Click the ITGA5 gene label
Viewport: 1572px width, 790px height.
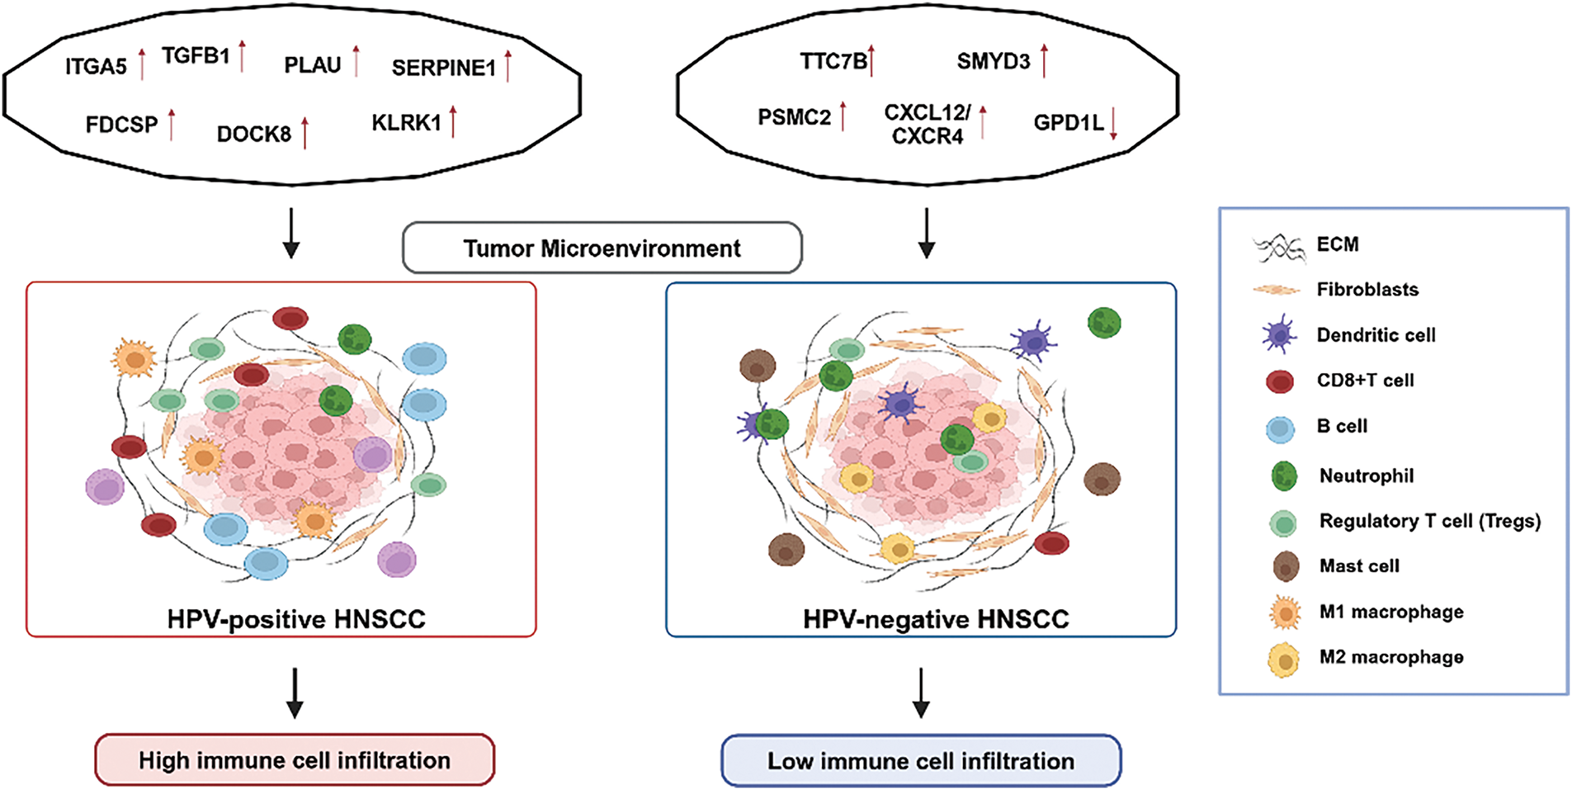96,66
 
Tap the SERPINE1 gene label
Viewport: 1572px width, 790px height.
443,68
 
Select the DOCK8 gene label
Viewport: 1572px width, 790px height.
254,134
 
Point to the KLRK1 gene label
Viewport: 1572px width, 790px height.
406,123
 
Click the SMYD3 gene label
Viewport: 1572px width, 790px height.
994,62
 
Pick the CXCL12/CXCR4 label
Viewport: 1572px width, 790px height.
928,125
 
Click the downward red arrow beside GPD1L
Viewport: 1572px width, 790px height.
1113,124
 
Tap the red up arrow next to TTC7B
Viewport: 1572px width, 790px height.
871,61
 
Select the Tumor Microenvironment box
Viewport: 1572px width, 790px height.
602,248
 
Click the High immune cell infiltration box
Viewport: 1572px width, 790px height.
295,759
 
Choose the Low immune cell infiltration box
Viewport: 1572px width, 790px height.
921,760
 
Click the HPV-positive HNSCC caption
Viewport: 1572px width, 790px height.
296,619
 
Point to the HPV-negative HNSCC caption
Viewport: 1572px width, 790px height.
936,619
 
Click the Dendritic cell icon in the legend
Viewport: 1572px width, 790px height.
1279,335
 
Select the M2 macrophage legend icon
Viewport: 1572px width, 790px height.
1284,660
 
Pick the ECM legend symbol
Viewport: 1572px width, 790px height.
1279,247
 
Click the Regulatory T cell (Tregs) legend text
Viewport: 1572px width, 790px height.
1430,521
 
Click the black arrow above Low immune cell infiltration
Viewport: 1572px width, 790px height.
921,693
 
